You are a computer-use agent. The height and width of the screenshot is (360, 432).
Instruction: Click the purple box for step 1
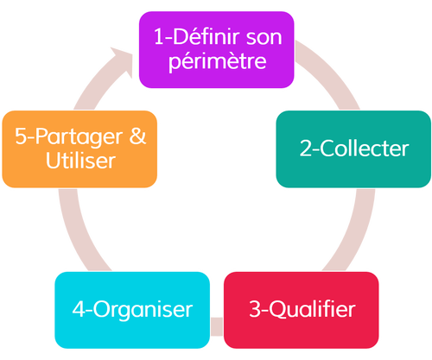217,49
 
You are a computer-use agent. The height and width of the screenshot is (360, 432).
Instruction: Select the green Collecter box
353,149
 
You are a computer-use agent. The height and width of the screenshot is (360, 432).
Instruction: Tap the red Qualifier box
301,310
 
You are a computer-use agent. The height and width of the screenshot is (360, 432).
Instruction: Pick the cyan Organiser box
132,310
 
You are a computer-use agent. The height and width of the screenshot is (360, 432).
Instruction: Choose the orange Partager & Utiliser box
79,149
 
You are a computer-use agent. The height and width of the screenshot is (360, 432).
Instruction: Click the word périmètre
218,61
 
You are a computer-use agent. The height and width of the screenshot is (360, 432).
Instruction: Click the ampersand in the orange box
137,136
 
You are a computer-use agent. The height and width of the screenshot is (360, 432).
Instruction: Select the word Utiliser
80,161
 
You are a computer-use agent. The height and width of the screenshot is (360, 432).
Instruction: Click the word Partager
79,137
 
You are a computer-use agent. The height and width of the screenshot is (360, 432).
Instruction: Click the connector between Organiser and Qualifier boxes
217,326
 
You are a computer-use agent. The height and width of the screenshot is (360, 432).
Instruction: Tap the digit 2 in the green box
305,148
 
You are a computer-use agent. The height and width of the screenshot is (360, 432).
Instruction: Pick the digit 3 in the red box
255,309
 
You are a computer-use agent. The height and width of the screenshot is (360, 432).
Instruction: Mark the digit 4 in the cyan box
79,309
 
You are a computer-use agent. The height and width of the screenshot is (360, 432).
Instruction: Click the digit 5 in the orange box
21,136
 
